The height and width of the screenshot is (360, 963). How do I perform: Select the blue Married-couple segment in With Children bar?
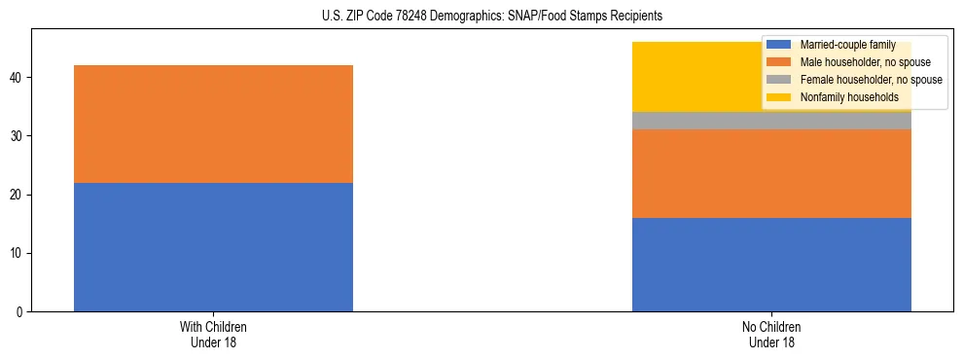[x=213, y=247]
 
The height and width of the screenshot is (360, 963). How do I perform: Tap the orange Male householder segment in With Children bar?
[x=213, y=124]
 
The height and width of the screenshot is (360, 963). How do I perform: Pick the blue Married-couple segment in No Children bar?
[x=771, y=265]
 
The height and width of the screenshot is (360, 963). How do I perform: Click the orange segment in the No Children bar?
[x=771, y=173]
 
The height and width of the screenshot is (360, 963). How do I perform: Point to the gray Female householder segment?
[x=771, y=121]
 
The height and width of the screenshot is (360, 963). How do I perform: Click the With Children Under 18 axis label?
[x=213, y=335]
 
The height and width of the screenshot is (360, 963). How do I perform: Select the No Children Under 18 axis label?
[x=771, y=335]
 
